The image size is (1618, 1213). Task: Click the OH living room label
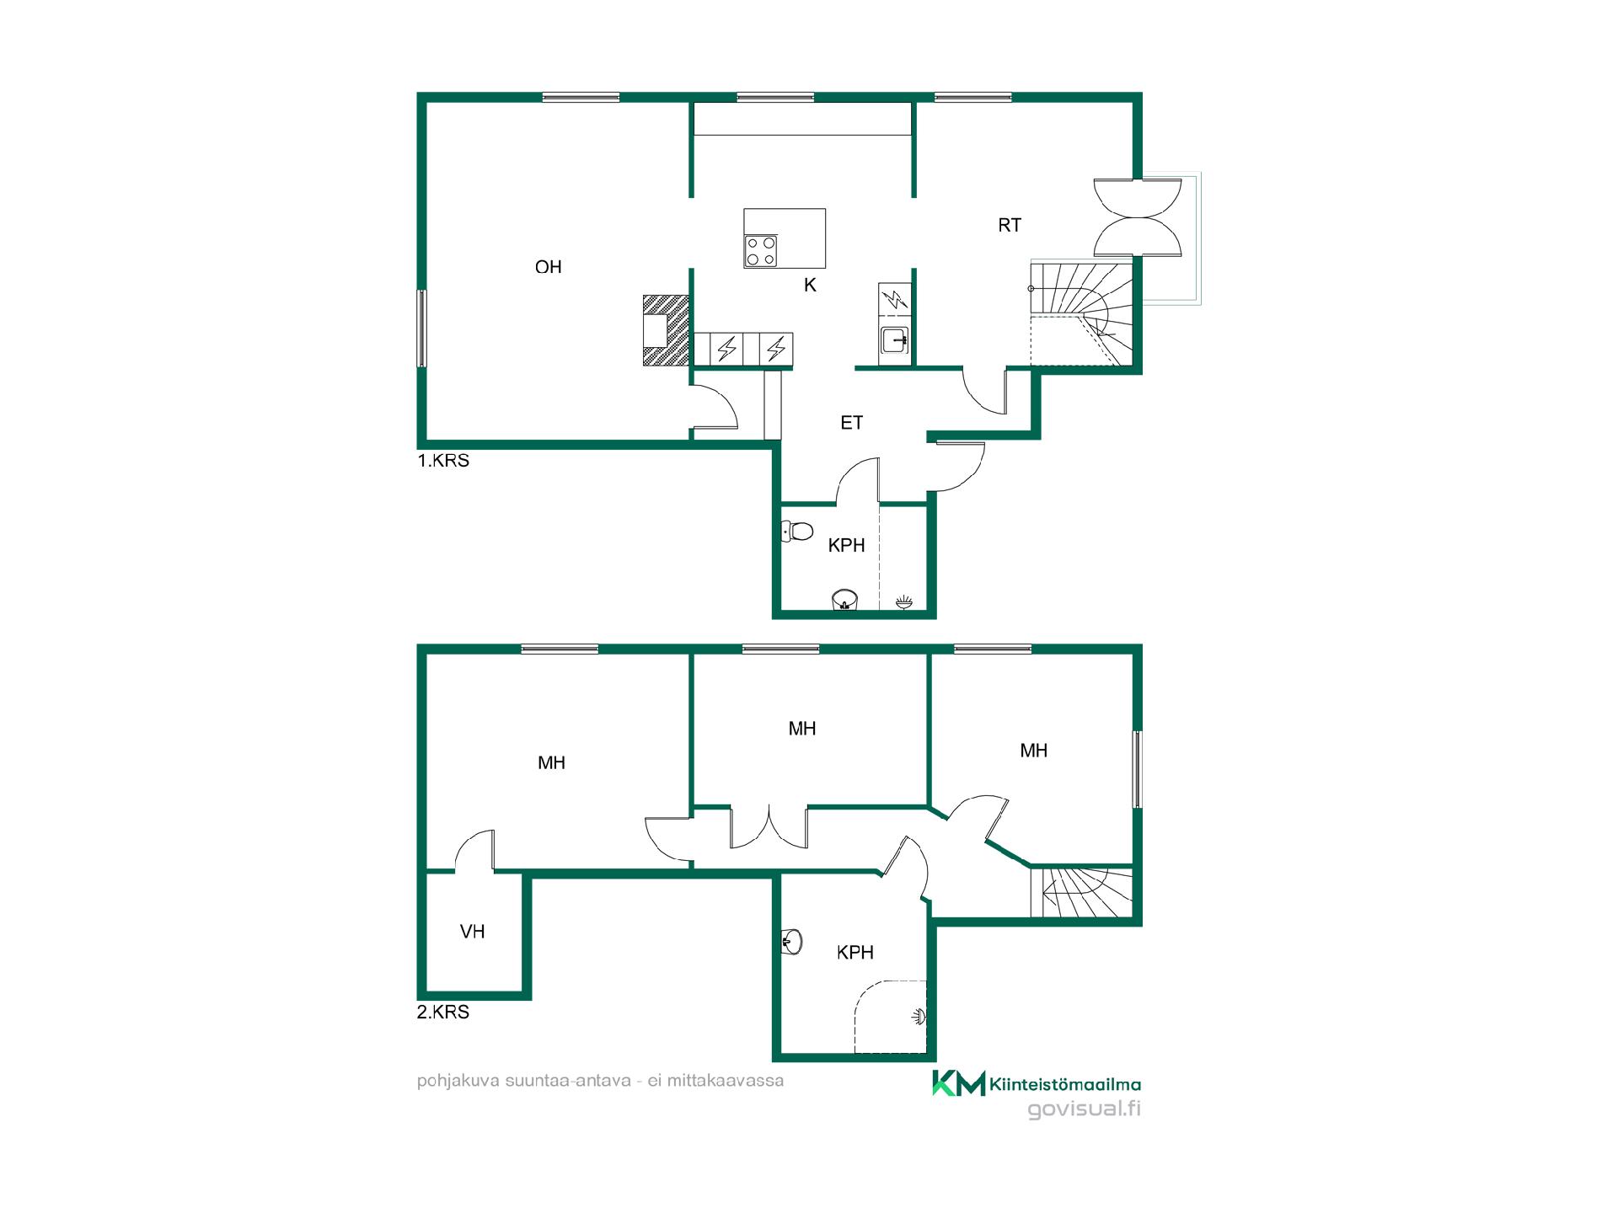tap(548, 267)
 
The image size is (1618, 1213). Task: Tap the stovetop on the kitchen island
tap(761, 250)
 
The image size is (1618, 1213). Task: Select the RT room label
tap(1010, 225)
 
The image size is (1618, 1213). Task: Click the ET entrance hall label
tap(852, 423)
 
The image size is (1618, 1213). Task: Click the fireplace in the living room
tap(666, 329)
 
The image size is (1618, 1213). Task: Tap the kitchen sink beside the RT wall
tap(894, 341)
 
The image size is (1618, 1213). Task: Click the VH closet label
tap(473, 932)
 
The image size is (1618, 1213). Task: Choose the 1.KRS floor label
tap(443, 461)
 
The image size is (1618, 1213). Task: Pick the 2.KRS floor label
tap(443, 1012)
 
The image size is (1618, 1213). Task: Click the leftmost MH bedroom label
tap(551, 763)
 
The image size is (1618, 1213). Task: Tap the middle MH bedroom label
tap(802, 729)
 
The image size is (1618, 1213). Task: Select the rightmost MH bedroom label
tap(1034, 751)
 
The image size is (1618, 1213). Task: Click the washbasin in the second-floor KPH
tap(792, 942)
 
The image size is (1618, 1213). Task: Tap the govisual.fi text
tap(1085, 1109)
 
